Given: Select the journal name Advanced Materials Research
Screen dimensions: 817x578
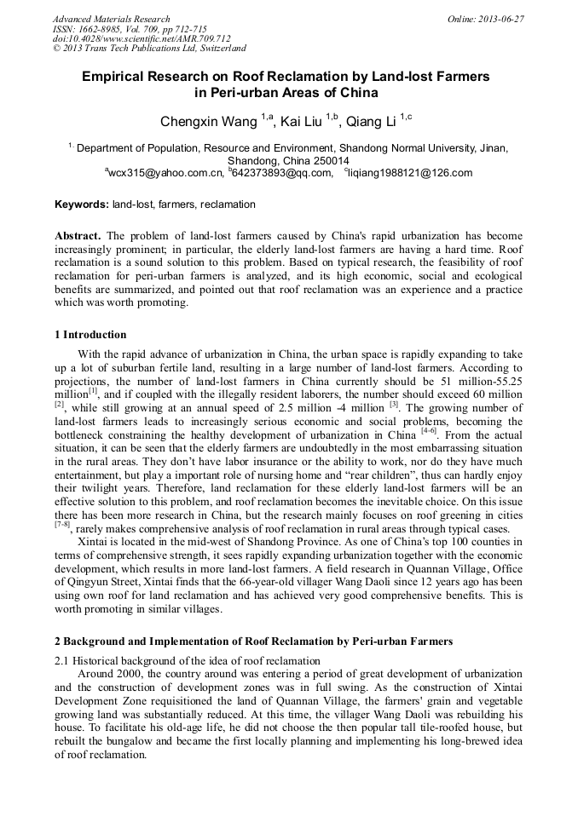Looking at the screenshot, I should coord(112,19).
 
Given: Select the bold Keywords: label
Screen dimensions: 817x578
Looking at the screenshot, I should coord(82,204).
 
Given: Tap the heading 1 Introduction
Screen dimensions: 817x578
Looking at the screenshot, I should coord(90,335).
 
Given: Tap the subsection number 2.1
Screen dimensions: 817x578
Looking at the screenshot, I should coord(62,660).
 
